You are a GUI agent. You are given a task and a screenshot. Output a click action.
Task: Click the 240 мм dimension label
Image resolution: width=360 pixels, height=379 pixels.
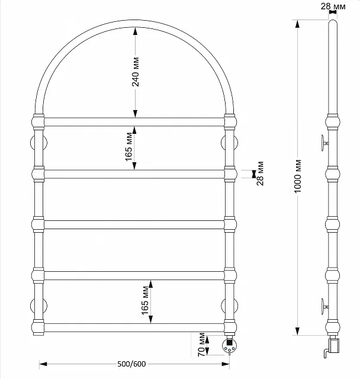coord(136,72)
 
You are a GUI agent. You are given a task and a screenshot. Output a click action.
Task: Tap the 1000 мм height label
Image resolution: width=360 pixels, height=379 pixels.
coord(298,176)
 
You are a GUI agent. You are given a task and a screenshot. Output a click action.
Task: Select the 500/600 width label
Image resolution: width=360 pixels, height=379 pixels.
coord(131,364)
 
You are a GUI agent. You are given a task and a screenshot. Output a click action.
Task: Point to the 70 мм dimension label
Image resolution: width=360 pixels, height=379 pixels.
coord(201,345)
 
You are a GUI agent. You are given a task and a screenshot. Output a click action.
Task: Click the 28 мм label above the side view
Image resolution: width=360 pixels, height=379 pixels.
coord(333,7)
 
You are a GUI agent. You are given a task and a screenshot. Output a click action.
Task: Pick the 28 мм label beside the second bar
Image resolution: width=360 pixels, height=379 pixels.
coord(260,174)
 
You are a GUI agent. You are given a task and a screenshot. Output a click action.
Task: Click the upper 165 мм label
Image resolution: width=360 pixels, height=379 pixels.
coord(129,147)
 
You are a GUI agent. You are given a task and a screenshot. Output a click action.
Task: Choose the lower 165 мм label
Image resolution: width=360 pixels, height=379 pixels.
coord(145,300)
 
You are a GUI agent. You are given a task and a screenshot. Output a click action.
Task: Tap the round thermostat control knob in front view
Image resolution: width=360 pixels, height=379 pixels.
coord(229,346)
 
